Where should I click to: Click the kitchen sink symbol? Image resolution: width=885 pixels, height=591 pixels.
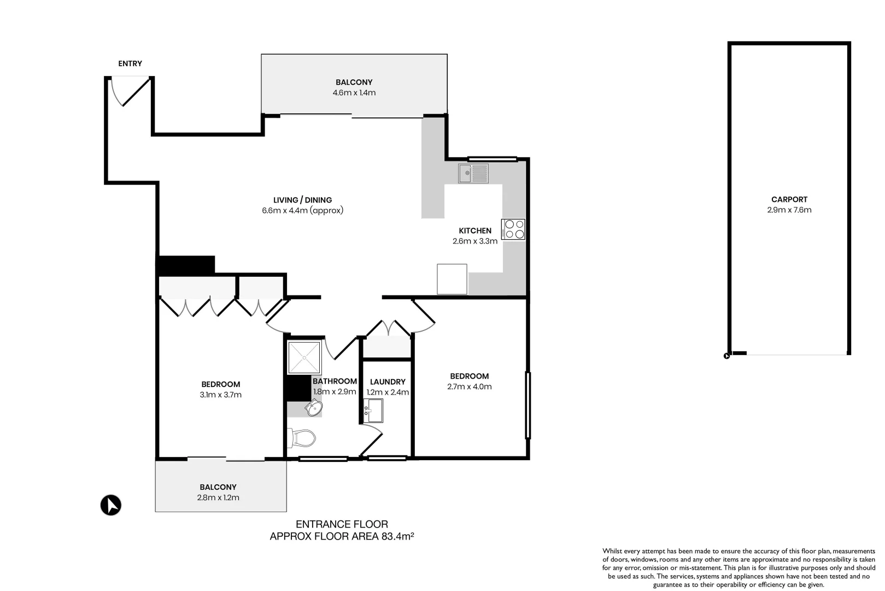473,174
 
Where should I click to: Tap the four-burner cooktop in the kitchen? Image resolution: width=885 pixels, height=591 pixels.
513,229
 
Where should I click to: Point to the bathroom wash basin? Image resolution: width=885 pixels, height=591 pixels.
314,408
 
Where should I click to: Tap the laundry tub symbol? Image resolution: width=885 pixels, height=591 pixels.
374,410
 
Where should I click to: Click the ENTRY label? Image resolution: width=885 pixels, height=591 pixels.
130,64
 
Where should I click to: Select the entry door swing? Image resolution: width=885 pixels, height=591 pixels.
127,91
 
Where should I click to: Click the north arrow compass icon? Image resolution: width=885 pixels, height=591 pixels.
111,505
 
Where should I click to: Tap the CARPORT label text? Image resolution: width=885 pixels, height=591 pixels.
789,200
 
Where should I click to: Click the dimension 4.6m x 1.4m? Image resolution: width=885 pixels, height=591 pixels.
354,93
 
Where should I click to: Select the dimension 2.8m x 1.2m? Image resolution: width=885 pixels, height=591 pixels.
218,498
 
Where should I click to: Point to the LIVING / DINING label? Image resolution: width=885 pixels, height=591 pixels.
302,200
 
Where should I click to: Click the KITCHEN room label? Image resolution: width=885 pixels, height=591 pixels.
475,231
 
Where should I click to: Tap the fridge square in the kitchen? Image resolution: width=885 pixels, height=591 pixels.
452,279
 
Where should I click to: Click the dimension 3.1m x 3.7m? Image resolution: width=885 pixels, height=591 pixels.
220,395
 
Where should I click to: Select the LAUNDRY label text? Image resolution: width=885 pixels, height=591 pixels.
388,382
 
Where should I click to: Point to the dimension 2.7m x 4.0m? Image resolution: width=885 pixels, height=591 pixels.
469,387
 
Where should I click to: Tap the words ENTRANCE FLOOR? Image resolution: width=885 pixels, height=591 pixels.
342,524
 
